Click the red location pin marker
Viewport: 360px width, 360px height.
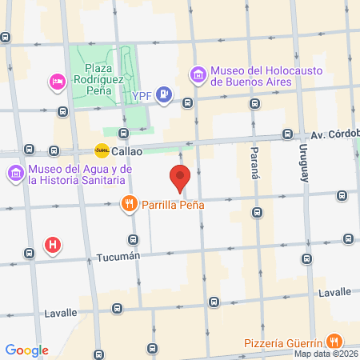point(180,176)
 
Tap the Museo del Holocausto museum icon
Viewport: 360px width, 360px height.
point(198,75)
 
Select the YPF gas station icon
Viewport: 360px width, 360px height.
point(164,95)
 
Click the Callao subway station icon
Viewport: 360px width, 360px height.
point(102,150)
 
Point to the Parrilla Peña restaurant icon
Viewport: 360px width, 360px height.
point(129,204)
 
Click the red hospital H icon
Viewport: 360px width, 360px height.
point(53,246)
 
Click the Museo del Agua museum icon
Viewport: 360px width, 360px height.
point(16,173)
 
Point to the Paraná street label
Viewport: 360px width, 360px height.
point(254,163)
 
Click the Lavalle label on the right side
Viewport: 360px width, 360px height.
point(334,292)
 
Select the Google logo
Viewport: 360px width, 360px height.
point(26,350)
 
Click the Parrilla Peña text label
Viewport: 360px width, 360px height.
point(174,205)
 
